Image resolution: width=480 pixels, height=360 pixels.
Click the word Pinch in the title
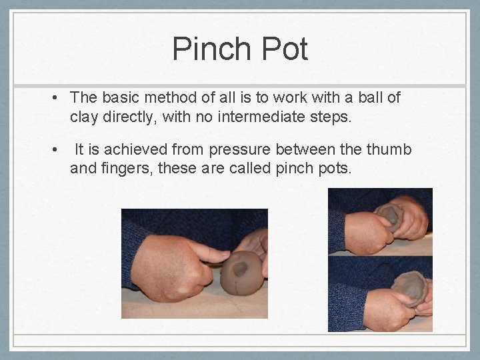pos(211,49)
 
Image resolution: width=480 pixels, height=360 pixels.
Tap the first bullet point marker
pos(55,98)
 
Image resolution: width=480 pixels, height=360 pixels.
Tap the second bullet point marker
pos(55,150)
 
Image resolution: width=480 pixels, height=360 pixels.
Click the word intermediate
pos(261,117)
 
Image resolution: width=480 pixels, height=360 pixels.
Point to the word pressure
pos(240,150)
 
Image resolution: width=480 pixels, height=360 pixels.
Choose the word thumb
pos(389,149)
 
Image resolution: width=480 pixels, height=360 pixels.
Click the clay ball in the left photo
pos(241,273)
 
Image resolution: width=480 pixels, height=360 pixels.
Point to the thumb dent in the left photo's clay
pos(240,269)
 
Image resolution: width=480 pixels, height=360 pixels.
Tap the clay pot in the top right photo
pos(389,216)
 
